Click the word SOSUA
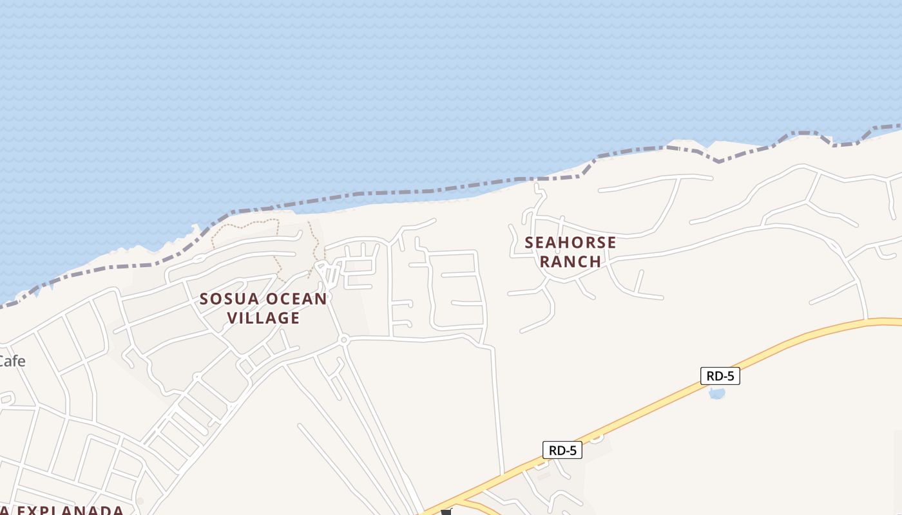coord(229,299)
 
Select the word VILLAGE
coord(264,318)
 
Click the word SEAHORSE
coord(570,243)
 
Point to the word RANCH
coord(570,261)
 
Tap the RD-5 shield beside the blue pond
coord(720,376)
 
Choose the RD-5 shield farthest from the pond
coord(562,451)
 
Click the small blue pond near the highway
coord(716,393)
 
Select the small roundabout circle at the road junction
coord(344,339)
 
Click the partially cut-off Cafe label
coord(12,361)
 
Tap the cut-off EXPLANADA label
coord(64,510)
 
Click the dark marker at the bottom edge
coord(446,512)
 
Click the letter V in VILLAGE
coord(233,318)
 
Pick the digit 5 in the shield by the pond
coord(732,376)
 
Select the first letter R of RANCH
coord(545,261)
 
